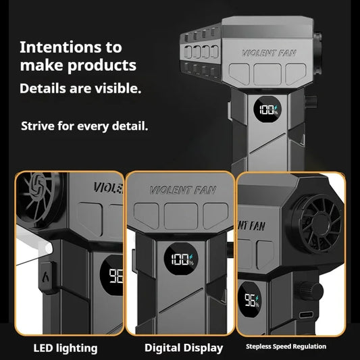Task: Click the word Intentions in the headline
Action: tap(61, 47)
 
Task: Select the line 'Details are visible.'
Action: tap(80, 88)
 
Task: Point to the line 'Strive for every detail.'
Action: tap(84, 126)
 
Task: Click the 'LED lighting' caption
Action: tap(66, 349)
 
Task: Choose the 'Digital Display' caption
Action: tap(184, 348)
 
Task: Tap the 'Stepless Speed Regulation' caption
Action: tap(286, 346)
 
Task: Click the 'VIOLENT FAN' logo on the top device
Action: tap(269, 53)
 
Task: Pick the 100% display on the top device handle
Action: tap(267, 109)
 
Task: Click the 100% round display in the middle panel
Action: tap(181, 259)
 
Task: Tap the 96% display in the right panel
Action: tap(249, 300)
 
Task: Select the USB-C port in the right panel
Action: tap(306, 315)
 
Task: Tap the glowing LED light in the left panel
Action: tap(49, 249)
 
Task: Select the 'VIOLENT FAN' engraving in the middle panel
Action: tap(183, 190)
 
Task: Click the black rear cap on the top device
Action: tap(317, 53)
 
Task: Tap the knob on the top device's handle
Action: tap(311, 101)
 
